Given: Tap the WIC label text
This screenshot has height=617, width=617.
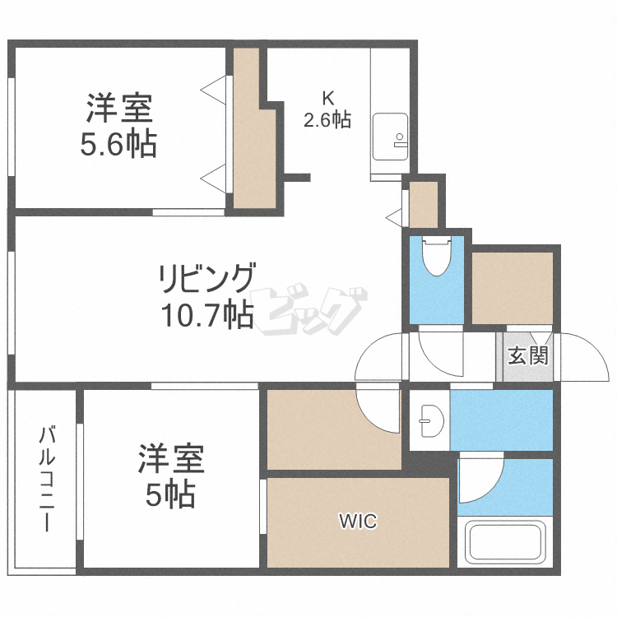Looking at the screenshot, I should [359, 521].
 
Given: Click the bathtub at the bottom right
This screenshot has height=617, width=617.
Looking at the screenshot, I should [503, 543].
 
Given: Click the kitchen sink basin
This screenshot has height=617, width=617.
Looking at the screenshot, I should [389, 137].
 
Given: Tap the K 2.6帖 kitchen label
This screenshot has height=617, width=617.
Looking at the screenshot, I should [327, 109].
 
